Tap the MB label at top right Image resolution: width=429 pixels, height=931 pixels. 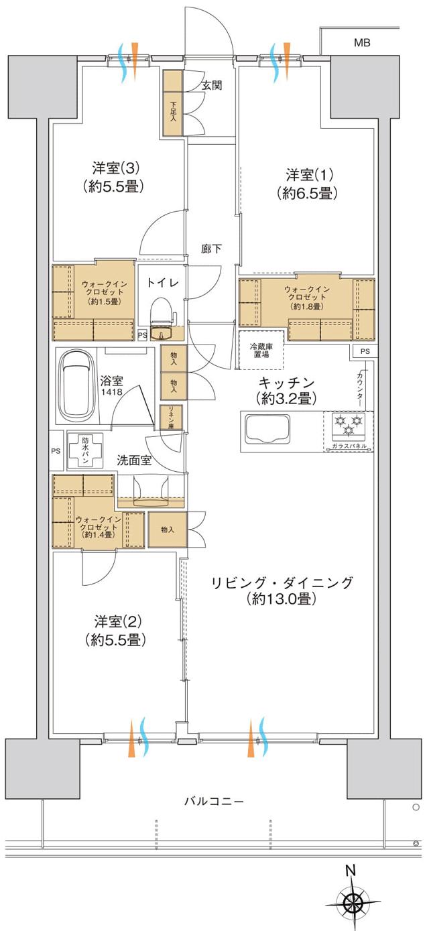(x=362, y=44)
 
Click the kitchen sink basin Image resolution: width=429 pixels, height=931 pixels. (x=268, y=429)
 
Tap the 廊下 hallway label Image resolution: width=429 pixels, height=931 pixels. (x=211, y=249)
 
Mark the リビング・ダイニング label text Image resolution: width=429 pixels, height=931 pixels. (x=282, y=582)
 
